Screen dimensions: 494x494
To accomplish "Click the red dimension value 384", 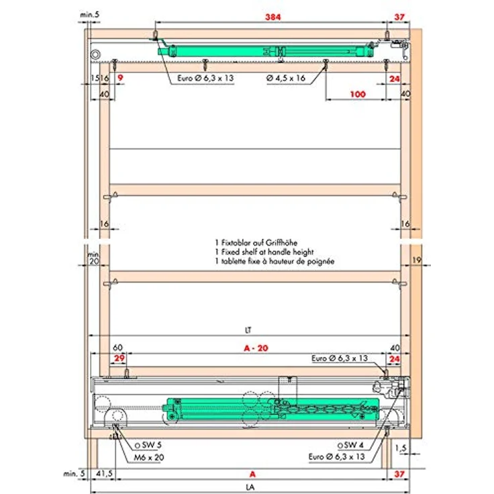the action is coord(273,17).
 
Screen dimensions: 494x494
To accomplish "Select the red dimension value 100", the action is coord(358,94).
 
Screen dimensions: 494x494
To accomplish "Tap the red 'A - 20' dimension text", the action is coord(256,348).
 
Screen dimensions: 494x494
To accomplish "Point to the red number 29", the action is coord(119,358).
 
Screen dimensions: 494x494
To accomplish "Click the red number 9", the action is coord(120,78).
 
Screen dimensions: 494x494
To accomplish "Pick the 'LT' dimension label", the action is coord(248,330).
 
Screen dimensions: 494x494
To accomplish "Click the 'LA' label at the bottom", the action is coord(250,487).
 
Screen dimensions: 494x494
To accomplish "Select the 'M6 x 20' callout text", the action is coord(149,458).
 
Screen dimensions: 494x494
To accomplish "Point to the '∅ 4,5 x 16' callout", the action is coord(286,78).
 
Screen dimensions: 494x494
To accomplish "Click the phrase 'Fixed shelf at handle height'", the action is coord(268,252).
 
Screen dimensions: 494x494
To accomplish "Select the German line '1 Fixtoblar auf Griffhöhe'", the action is coord(256,243).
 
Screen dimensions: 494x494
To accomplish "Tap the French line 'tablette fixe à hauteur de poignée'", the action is coord(278,261).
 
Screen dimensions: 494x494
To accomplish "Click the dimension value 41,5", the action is coord(104,473).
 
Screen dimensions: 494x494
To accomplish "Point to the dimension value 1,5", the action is coord(401,448).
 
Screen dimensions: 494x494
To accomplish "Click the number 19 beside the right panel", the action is coord(417,260).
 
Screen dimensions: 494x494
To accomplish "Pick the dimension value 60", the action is coord(117,347).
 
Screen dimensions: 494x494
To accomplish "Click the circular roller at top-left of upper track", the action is coord(95,54).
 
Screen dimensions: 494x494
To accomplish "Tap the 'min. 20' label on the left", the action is coord(93,258).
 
